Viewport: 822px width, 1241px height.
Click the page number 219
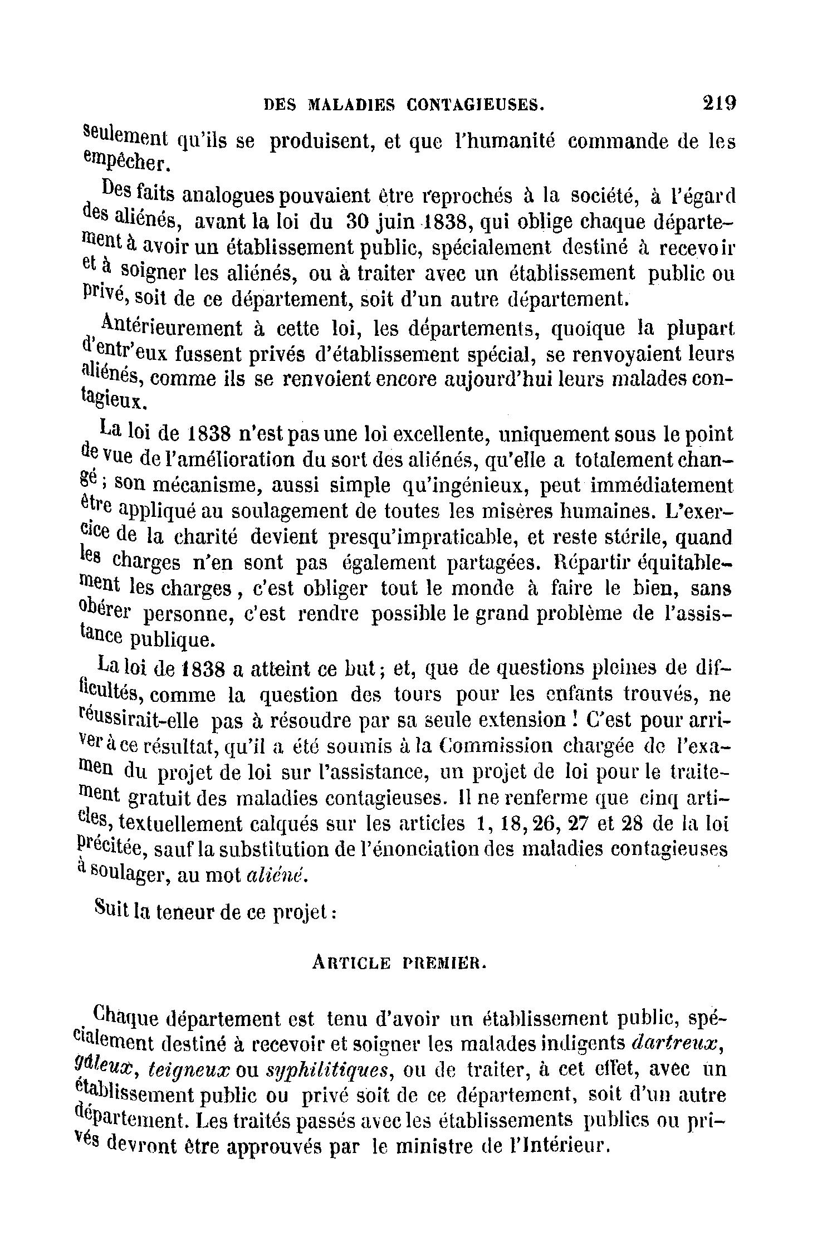click(720, 103)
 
